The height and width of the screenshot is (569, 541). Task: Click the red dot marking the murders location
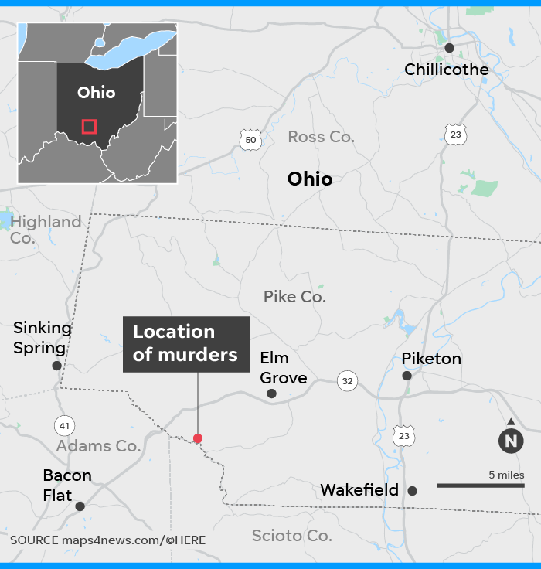pyautogui.click(x=198, y=438)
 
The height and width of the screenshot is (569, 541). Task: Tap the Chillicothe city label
pyautogui.click(x=447, y=70)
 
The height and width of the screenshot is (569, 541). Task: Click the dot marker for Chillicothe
pyautogui.click(x=449, y=48)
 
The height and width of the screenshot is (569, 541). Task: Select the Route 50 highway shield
pyautogui.click(x=249, y=139)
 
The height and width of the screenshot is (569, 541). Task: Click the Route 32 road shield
pyautogui.click(x=347, y=380)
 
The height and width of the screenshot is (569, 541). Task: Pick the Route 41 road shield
pyautogui.click(x=64, y=424)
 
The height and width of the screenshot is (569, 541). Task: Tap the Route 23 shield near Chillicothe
pyautogui.click(x=457, y=134)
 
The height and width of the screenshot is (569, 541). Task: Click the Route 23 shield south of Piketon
pyautogui.click(x=403, y=437)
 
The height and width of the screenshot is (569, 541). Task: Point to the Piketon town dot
pyautogui.click(x=407, y=376)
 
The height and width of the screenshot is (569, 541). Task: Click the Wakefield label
pyautogui.click(x=359, y=490)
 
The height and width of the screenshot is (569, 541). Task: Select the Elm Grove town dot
pyautogui.click(x=271, y=394)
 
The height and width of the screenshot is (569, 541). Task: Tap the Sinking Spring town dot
pyautogui.click(x=56, y=366)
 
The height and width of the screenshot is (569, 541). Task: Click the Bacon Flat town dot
pyautogui.click(x=80, y=506)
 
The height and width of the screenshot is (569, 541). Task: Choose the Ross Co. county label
pyautogui.click(x=321, y=137)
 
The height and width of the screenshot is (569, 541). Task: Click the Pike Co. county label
pyautogui.click(x=294, y=296)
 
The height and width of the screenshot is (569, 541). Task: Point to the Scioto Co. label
pyautogui.click(x=291, y=536)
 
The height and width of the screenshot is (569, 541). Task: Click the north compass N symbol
pyautogui.click(x=510, y=440)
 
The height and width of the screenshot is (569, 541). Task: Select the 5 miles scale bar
pyautogui.click(x=481, y=486)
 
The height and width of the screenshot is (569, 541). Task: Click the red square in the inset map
pyautogui.click(x=89, y=127)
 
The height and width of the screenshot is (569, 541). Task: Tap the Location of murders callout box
pyautogui.click(x=185, y=343)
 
